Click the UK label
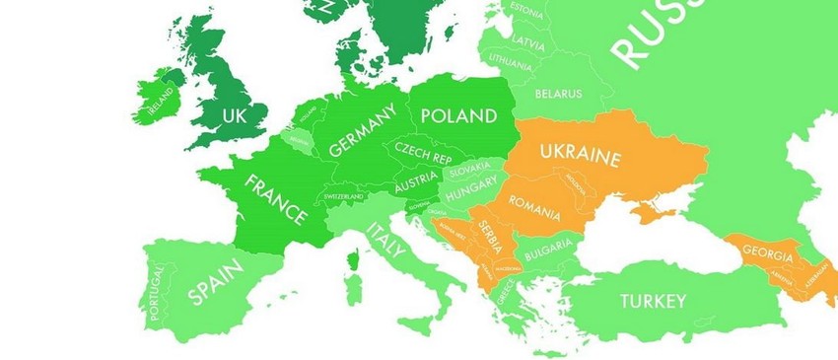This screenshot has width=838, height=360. (x=234, y=115)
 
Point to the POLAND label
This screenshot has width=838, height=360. (x=458, y=115)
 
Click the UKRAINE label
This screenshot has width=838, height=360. (x=581, y=155)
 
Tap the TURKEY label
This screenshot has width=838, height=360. (x=652, y=301)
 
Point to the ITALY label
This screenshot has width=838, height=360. (x=385, y=240)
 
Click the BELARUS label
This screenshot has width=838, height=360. (x=558, y=94)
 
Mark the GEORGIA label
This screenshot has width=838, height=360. (x=767, y=255)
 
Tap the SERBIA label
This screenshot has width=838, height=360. (x=490, y=237)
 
